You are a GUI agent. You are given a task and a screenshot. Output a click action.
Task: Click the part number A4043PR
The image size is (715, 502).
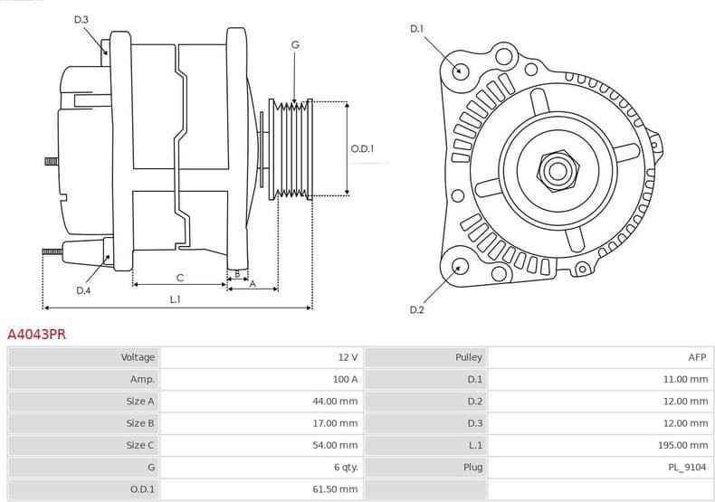coord(36,335)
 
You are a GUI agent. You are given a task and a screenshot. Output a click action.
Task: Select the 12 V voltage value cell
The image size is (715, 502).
coord(348,357)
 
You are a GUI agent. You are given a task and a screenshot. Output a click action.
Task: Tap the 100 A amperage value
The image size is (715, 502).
coord(345,380)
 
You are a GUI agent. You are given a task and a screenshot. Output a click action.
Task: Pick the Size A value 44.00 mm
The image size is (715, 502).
coord(335,402)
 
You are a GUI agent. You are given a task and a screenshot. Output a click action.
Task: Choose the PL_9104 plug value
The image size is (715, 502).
coord(688,467)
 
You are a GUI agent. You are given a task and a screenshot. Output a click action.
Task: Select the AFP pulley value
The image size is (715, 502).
coord(696,357)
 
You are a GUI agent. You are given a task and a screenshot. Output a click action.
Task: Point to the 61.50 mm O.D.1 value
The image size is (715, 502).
coord(335,489)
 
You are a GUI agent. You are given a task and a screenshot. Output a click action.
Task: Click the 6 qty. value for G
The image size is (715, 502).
coord(345,467)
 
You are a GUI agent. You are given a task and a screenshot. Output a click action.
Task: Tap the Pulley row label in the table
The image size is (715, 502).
coord(469,357)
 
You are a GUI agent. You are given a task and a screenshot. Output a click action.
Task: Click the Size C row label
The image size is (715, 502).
coord(140,445)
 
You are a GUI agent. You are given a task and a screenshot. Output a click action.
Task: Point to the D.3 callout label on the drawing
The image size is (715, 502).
coord(81,20)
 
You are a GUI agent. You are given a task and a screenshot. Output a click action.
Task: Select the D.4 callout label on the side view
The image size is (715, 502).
coord(83,290)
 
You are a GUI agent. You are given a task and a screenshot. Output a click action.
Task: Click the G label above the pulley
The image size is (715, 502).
coord(295,44)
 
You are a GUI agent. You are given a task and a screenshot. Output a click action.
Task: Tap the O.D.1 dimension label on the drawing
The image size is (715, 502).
coord(362,149)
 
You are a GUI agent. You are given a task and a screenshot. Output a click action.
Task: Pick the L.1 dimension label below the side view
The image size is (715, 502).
coord(175,299)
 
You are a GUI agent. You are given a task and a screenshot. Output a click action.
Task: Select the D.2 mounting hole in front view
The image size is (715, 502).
coord(460,266)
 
